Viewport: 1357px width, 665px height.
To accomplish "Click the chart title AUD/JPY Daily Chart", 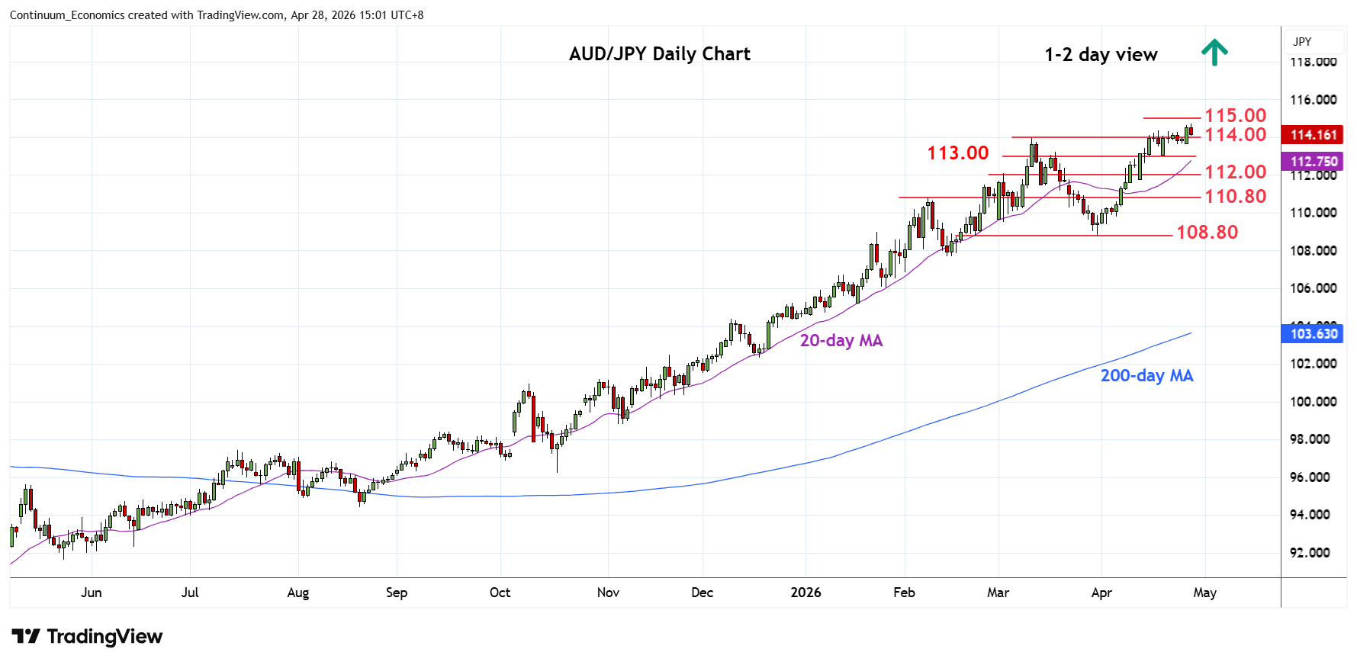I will click(x=659, y=54).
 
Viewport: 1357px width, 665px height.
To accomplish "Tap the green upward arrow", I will click(x=1214, y=53).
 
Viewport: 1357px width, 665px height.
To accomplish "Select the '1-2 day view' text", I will click(x=1100, y=55).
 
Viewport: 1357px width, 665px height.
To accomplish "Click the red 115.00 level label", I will click(x=1235, y=115).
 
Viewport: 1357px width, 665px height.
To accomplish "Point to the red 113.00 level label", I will click(x=957, y=153).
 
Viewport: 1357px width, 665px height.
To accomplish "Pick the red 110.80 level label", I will click(x=1235, y=196).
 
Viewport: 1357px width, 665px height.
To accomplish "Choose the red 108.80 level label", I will click(x=1207, y=232).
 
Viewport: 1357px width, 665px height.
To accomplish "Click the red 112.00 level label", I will click(x=1235, y=172).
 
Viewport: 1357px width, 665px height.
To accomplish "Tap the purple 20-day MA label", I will click(x=841, y=341).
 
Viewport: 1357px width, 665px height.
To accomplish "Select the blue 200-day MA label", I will click(x=1146, y=375).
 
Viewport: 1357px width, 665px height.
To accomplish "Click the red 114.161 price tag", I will click(x=1314, y=135).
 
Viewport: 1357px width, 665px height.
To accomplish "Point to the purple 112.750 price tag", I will click(x=1314, y=162).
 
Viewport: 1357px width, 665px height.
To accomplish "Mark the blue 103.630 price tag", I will click(x=1314, y=333).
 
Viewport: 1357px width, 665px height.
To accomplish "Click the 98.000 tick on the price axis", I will click(x=1313, y=439).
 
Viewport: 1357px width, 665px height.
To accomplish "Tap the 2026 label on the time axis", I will click(x=806, y=593).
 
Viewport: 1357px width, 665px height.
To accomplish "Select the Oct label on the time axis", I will click(x=500, y=593).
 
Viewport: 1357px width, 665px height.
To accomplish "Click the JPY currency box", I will click(x=1303, y=42).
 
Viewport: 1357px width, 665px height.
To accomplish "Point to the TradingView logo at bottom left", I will click(x=87, y=637).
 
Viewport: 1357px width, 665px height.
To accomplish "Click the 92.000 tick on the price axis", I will click(x=1313, y=553).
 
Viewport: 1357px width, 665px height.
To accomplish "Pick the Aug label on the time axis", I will click(x=297, y=593).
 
